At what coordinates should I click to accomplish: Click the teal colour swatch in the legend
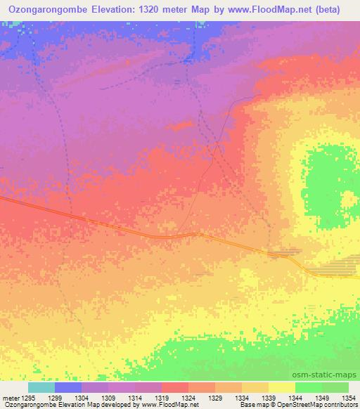click(41, 388)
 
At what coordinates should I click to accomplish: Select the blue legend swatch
click(67, 388)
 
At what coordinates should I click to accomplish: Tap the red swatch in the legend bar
click(174, 388)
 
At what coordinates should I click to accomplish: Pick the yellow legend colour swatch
click(281, 388)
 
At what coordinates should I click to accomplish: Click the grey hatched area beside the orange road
click(335, 270)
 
